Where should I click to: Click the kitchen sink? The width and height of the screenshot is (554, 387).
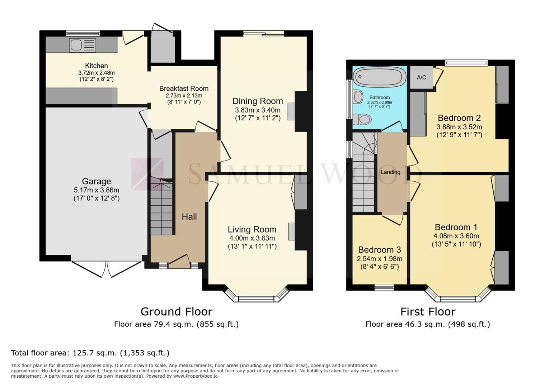[83, 45]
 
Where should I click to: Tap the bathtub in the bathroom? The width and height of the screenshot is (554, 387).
[379, 77]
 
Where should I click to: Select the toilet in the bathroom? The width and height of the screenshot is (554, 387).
[362, 119]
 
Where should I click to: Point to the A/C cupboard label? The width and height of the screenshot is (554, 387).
[422, 77]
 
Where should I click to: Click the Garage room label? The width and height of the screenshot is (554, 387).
[97, 181]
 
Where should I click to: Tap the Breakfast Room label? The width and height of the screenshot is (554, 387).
[184, 89]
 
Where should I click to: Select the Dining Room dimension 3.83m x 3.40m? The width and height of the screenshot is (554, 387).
[258, 110]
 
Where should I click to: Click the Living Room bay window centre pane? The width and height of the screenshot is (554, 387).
[256, 299]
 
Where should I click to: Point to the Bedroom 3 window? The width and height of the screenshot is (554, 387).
[384, 287]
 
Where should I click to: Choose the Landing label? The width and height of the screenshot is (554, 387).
[390, 172]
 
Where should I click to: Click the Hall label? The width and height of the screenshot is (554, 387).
[189, 216]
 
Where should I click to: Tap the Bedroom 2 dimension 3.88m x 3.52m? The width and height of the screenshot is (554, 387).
[459, 127]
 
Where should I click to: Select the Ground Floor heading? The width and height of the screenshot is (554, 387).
[177, 312]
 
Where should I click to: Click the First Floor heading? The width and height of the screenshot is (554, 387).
[428, 312]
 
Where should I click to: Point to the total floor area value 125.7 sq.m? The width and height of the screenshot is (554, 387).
[94, 353]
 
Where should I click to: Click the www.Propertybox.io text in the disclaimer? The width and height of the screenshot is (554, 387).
[196, 376]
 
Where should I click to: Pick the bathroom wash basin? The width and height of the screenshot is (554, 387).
[358, 96]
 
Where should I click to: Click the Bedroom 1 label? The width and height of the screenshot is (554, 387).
[456, 227]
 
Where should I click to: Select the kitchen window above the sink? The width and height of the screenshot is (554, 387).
[83, 33]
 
